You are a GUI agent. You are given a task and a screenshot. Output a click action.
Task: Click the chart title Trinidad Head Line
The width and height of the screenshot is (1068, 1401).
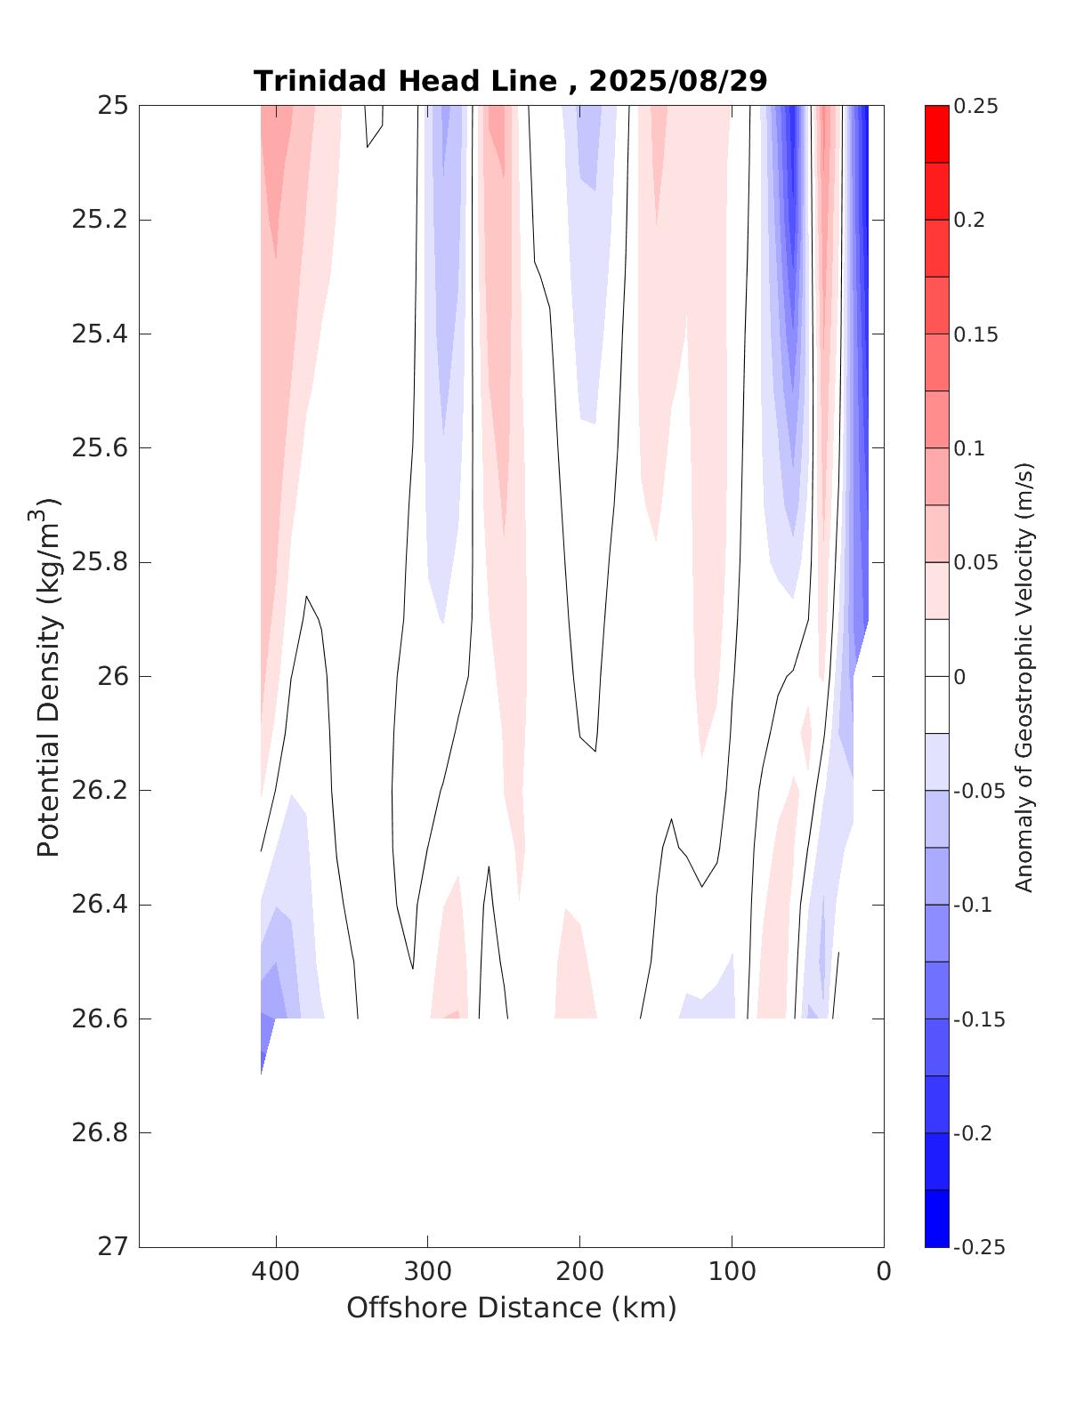[x=407, y=81]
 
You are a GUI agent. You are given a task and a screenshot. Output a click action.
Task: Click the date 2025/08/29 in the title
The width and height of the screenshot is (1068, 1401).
[x=678, y=81]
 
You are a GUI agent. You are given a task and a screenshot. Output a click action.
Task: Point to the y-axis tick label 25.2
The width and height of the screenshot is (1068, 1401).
[x=99, y=220]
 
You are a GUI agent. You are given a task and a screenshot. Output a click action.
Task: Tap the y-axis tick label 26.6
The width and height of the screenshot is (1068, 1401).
[x=99, y=1019]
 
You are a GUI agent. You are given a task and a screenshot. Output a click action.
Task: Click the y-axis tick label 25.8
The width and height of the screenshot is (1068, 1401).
[x=99, y=562]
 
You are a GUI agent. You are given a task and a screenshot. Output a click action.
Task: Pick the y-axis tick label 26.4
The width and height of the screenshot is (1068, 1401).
[x=99, y=905]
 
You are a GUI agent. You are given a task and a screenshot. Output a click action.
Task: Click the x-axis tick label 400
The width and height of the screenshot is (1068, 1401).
[x=276, y=1272]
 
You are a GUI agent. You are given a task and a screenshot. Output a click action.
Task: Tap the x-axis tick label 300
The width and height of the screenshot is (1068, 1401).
[x=428, y=1272]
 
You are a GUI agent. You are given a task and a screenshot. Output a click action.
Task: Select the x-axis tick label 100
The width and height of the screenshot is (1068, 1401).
[x=732, y=1272]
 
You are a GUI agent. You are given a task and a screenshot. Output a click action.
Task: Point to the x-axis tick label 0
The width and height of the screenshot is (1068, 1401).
[x=883, y=1272]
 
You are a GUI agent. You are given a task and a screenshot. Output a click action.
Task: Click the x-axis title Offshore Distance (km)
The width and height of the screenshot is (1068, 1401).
[x=511, y=1308]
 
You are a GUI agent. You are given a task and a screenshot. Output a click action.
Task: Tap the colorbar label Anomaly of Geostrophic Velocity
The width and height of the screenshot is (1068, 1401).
[x=1024, y=676]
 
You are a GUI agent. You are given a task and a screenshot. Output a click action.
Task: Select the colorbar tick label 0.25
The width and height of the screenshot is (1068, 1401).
[x=975, y=107]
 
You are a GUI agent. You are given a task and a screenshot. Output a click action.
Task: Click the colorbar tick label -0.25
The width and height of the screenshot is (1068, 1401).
[x=978, y=1247]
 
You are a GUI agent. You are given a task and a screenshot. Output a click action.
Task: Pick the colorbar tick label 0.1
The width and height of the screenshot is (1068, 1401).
[x=969, y=448]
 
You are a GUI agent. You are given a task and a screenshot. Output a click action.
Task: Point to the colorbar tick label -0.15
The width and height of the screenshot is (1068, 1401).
[x=978, y=1019]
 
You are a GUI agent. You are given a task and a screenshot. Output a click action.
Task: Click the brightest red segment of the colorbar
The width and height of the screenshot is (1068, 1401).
[x=936, y=134]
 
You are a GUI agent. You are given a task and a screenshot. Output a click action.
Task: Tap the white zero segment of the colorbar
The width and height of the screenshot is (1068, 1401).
[x=936, y=676]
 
